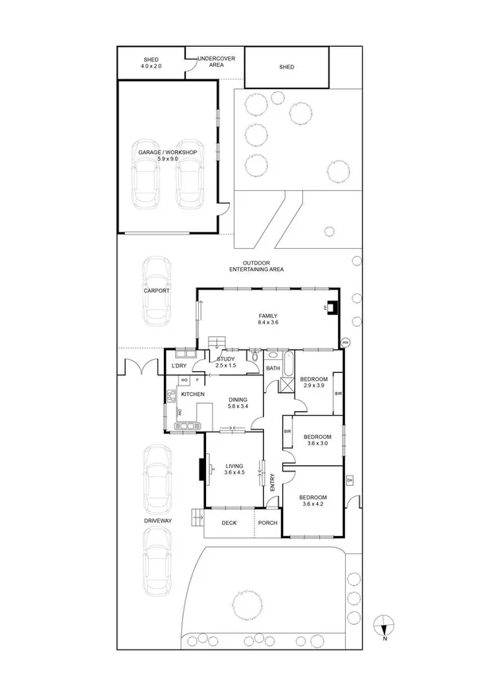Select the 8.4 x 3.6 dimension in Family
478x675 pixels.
(267, 323)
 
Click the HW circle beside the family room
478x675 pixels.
(345, 343)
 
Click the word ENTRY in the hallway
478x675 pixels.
(272, 482)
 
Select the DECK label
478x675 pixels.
(229, 522)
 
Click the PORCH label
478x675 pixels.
(267, 522)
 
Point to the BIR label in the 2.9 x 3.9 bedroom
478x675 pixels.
(338, 394)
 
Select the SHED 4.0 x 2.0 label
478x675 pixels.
(151, 63)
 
